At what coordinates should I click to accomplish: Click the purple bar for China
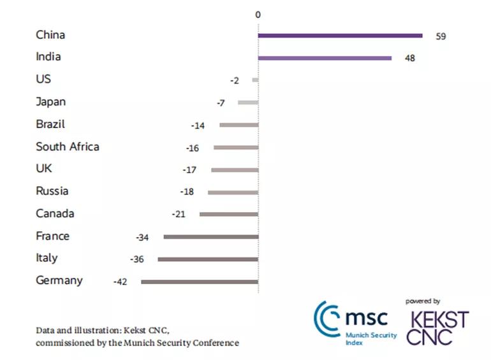[x=340, y=36]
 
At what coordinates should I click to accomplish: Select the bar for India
[x=325, y=58]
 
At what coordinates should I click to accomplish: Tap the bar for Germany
[x=200, y=281]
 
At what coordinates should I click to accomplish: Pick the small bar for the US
[x=255, y=80]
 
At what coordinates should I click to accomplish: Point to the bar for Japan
[x=248, y=102]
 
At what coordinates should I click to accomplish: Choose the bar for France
[x=211, y=236]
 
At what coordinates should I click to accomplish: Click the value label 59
[x=441, y=36]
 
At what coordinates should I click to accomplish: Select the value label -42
[x=120, y=282]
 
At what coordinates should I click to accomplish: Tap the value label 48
[x=410, y=59]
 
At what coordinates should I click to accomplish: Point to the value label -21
[x=179, y=214]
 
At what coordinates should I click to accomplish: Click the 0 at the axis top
[x=258, y=14]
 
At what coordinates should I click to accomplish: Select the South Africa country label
[x=68, y=147]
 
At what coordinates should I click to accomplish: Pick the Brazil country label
[x=50, y=124]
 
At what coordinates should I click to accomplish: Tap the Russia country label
[x=52, y=191]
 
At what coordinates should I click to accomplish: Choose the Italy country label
[x=47, y=258]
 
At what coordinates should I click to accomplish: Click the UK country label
[x=44, y=169]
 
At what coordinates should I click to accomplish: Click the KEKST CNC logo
[x=439, y=328]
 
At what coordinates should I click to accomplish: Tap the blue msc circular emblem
[x=327, y=316]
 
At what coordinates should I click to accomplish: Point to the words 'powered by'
[x=423, y=301]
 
